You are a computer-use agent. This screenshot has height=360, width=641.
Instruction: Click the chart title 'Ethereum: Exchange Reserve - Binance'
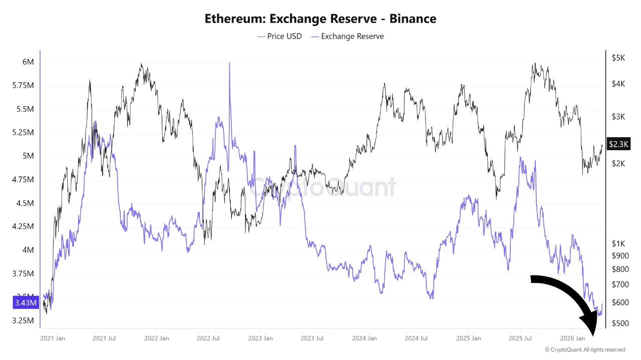tap(320, 19)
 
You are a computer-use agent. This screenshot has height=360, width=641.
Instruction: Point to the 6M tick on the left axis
tap(28, 62)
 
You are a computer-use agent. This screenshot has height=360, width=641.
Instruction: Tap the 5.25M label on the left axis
tap(24, 133)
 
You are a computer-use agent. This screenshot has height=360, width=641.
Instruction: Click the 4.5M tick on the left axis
tap(26, 203)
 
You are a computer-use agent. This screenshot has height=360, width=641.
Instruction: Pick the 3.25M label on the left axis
tap(24, 320)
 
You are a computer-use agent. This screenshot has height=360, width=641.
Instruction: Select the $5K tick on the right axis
tap(618, 58)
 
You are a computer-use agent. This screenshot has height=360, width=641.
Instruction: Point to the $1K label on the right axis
tap(618, 243)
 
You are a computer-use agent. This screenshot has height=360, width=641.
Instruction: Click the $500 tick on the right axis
tap(619, 323)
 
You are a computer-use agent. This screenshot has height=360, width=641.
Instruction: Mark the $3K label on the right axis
tap(618, 117)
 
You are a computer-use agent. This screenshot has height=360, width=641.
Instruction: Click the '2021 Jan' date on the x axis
tap(53, 338)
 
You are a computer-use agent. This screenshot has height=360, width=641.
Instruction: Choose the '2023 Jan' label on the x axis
tap(260, 338)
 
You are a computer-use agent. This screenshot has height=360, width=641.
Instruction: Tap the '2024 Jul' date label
tap(416, 338)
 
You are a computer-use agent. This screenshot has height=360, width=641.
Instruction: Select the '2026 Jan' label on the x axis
tap(572, 338)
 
